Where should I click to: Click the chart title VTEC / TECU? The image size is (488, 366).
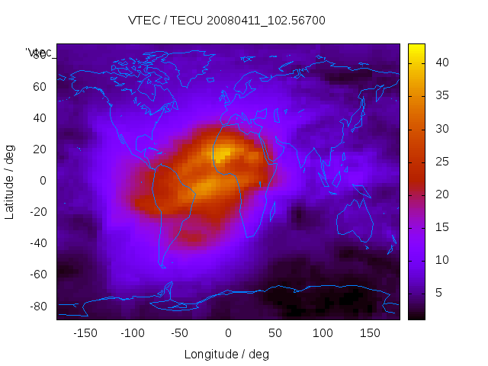(x=226, y=21)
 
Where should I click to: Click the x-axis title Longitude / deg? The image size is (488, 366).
(x=226, y=354)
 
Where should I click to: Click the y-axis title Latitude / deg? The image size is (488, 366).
(x=10, y=181)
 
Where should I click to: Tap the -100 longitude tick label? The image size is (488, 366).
(x=133, y=333)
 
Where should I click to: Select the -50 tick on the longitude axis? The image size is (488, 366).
(x=180, y=333)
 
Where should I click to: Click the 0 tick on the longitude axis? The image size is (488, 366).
(x=227, y=333)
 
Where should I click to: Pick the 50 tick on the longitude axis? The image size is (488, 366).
(x=275, y=333)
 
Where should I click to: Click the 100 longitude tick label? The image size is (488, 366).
(x=323, y=333)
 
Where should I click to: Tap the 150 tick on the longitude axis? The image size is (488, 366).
(x=370, y=333)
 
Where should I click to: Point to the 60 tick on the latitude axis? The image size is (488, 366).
(x=39, y=86)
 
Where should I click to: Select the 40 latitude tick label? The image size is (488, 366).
(x=39, y=117)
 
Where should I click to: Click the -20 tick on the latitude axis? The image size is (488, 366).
(x=37, y=212)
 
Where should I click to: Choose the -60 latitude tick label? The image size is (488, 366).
(x=37, y=274)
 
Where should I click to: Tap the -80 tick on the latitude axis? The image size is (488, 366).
(x=37, y=306)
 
